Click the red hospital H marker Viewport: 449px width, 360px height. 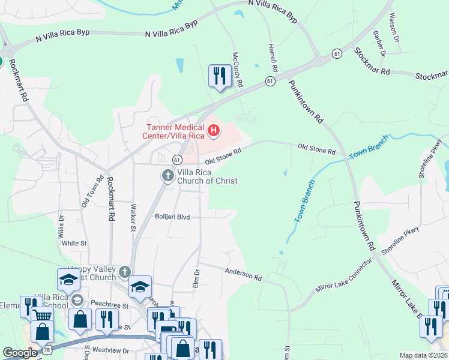point(212,130)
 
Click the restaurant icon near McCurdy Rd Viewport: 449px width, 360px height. point(219,76)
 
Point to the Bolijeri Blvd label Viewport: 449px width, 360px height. point(172,217)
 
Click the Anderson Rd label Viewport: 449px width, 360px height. point(244,275)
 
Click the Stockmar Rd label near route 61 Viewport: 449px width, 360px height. point(372,61)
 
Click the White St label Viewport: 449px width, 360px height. point(74,244)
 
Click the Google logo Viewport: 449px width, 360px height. point(19,353)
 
